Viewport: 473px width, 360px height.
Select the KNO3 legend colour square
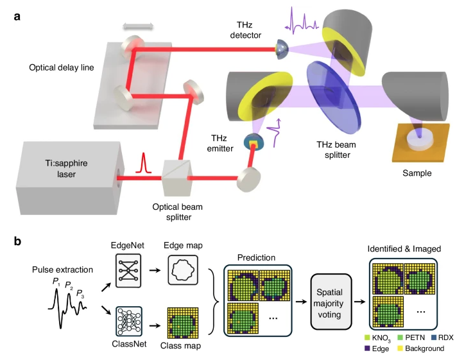[367, 338]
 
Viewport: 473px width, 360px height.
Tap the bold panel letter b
[19, 242]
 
